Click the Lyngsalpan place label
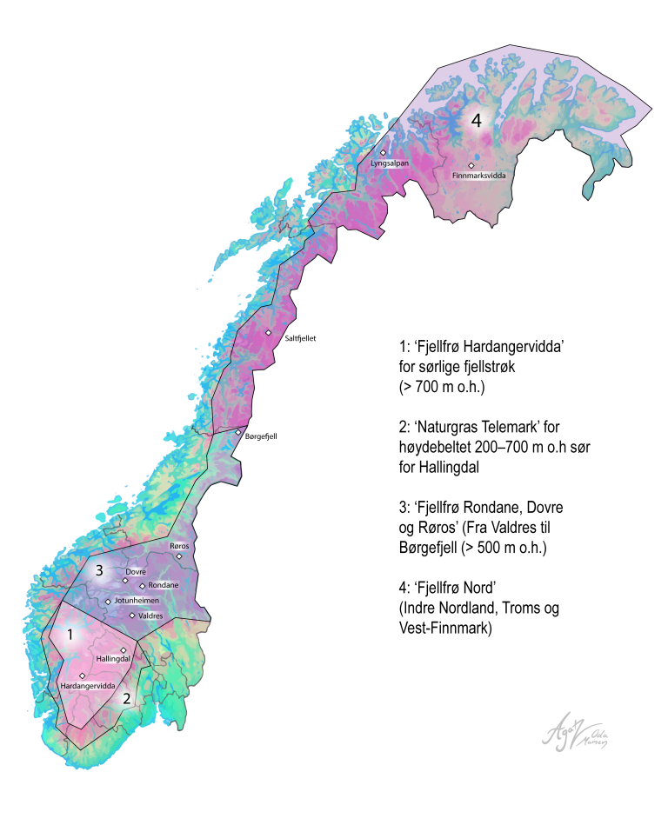click(x=389, y=162)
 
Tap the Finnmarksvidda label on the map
click(x=479, y=175)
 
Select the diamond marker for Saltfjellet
click(x=269, y=332)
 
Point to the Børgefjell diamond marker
click(x=237, y=431)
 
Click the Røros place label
click(x=178, y=546)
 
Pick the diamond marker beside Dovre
click(x=125, y=580)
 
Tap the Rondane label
click(x=163, y=586)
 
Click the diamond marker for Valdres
click(x=132, y=615)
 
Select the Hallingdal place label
click(x=113, y=659)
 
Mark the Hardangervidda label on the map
click(x=87, y=686)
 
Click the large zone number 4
click(x=476, y=121)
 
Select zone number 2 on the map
click(x=126, y=697)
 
